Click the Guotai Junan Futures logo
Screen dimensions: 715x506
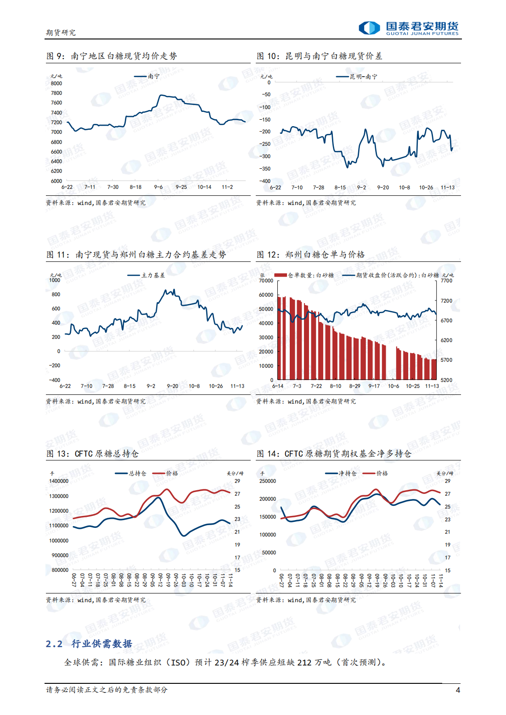[409, 28]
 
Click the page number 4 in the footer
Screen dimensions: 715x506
[457, 690]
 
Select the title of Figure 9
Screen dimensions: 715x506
[112, 56]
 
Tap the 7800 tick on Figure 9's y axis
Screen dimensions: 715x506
[56, 93]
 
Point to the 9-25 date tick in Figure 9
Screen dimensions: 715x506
[181, 187]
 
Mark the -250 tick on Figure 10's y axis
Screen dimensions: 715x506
[265, 144]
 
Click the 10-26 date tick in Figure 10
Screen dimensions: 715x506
[426, 188]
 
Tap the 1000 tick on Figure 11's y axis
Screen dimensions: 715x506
[55, 280]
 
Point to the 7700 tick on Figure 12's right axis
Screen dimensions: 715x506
[446, 281]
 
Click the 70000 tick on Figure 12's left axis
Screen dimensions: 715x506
[266, 281]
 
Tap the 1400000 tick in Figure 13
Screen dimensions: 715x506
[59, 481]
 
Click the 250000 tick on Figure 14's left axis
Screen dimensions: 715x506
[268, 481]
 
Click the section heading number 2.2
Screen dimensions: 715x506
[54, 644]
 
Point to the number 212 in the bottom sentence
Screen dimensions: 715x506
[304, 663]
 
